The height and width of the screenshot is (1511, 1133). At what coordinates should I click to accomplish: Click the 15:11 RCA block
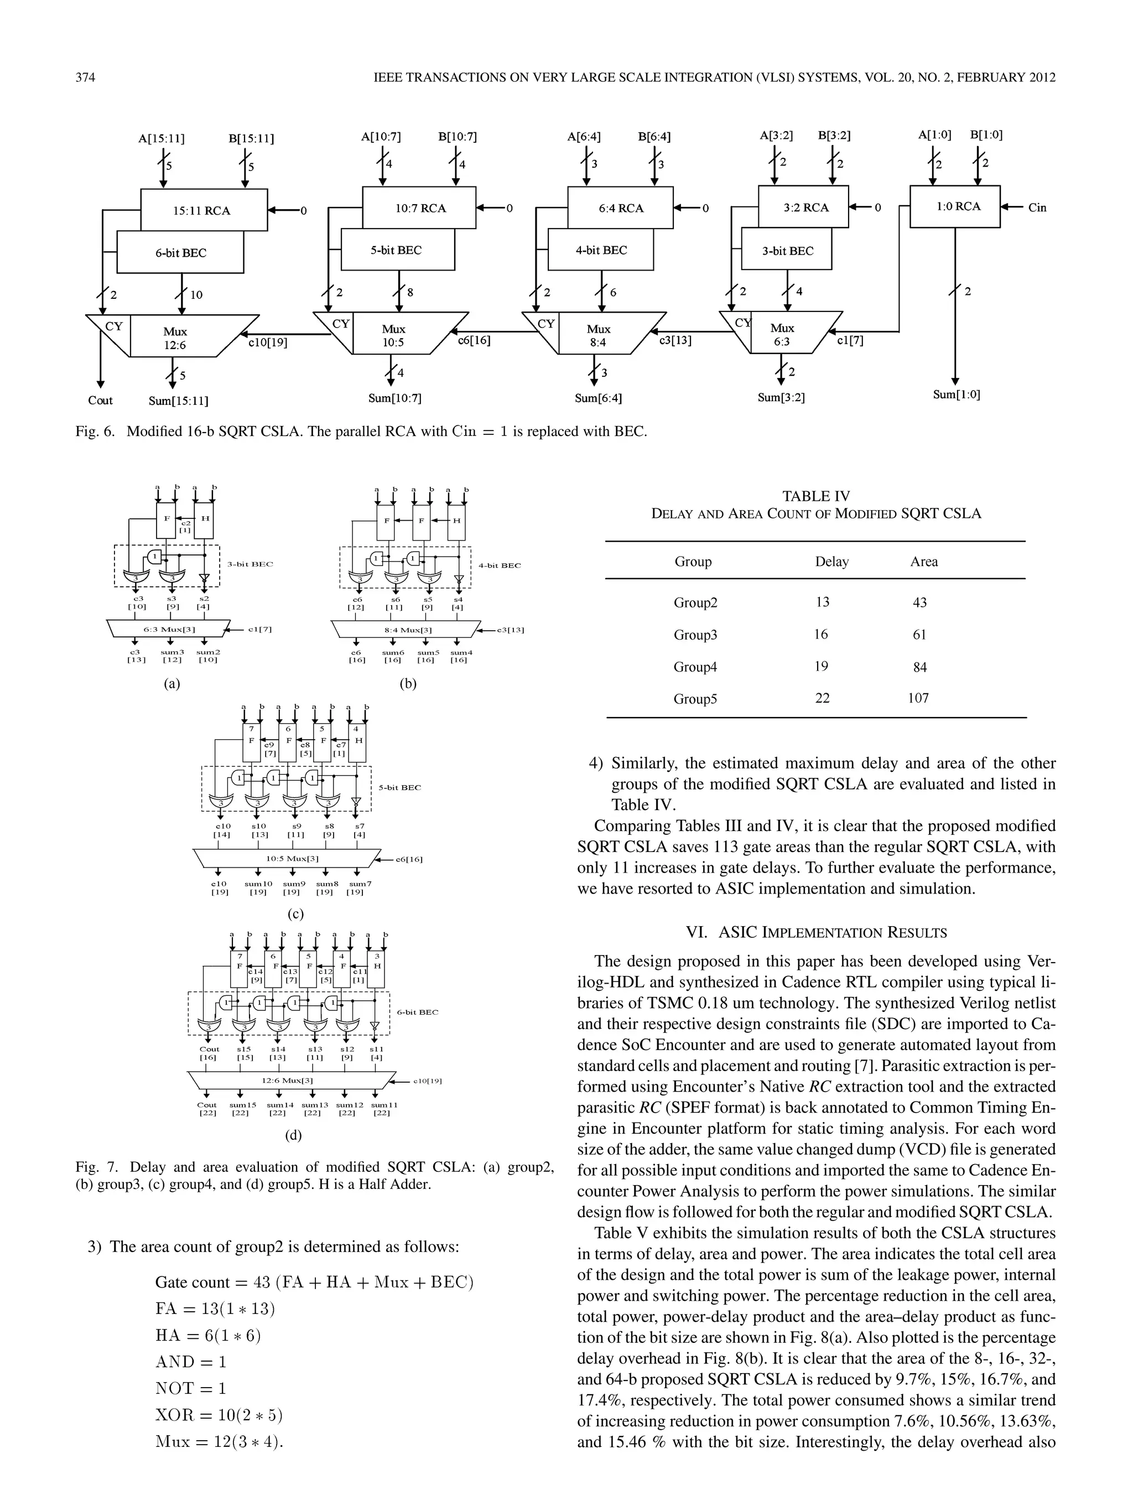coord(204,210)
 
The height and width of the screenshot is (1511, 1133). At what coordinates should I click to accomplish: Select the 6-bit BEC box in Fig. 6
coord(180,253)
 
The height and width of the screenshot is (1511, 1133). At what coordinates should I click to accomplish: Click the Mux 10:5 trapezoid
coord(393,335)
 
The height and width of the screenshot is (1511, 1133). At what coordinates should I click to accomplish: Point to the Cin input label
coord(1037,207)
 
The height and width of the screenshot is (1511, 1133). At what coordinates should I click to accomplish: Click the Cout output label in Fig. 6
coord(100,400)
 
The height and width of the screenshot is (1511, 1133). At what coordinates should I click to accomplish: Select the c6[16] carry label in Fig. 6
coord(474,340)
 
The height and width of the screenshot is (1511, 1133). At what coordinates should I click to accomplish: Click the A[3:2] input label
coord(777,135)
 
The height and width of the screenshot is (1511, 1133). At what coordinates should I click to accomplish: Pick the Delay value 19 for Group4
coord(822,666)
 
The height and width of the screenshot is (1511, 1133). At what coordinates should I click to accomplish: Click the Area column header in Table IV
coord(923,562)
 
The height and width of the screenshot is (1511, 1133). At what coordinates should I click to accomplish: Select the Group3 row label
coord(695,635)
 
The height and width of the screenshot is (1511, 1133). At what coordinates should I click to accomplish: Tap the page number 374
coord(85,77)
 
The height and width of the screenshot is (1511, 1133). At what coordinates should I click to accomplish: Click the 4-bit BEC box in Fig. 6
coord(600,250)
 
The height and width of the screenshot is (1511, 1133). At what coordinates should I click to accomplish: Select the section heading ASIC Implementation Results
coord(816,932)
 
